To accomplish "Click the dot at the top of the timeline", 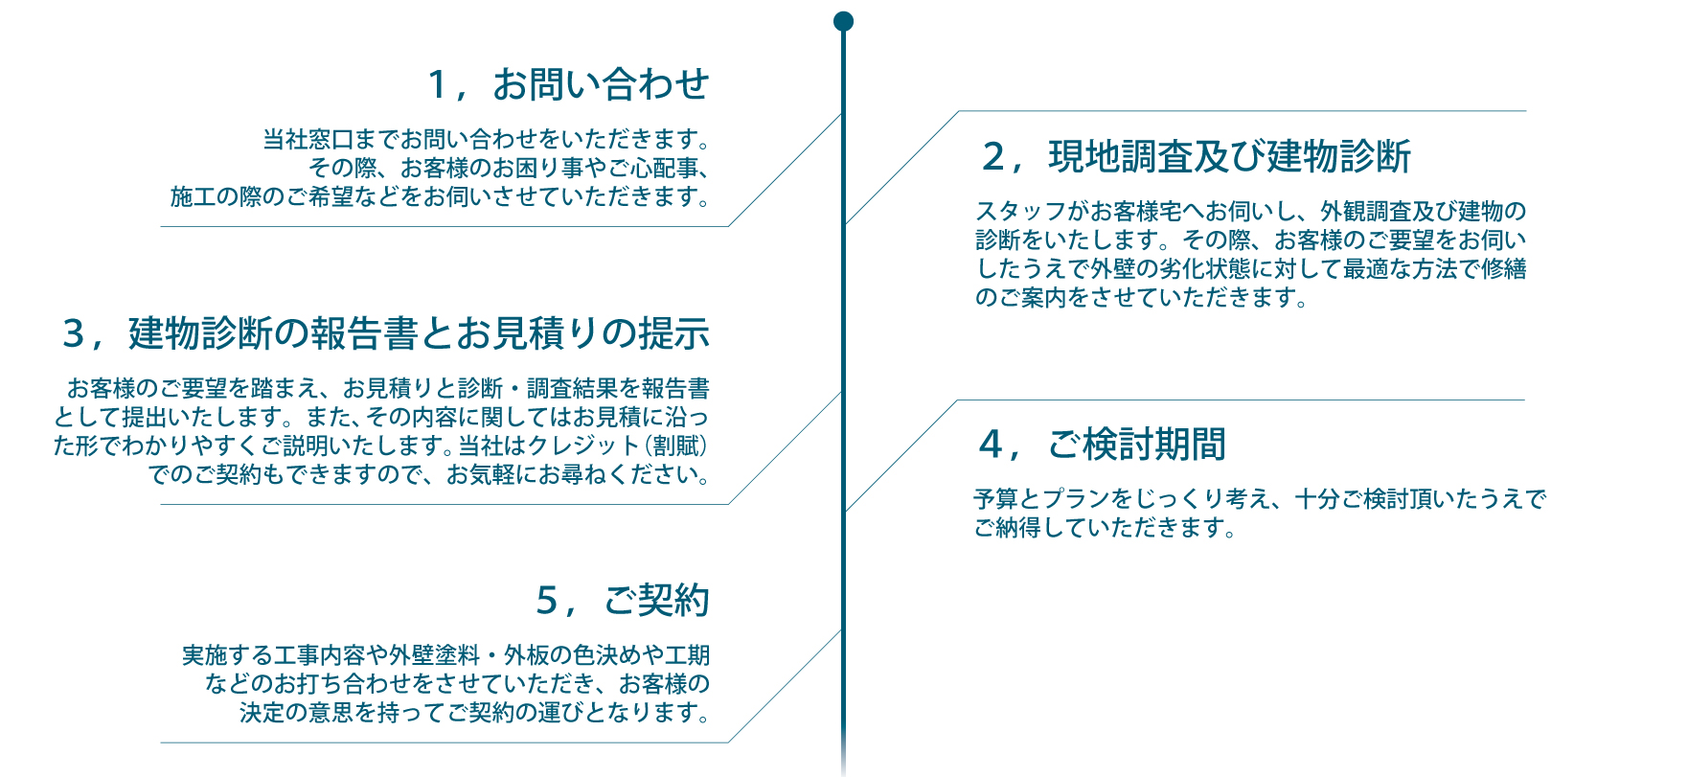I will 843,21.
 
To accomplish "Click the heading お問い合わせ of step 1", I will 601,84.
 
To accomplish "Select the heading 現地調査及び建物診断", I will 1229,156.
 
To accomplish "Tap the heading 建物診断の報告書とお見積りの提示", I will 419,333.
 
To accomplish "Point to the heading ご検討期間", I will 1137,445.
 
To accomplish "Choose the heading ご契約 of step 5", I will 656,601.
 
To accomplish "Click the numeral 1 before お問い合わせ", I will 438,85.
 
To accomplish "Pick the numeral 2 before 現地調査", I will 993,157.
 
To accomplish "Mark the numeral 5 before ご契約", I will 546,602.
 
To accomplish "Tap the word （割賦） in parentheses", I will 676,446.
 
